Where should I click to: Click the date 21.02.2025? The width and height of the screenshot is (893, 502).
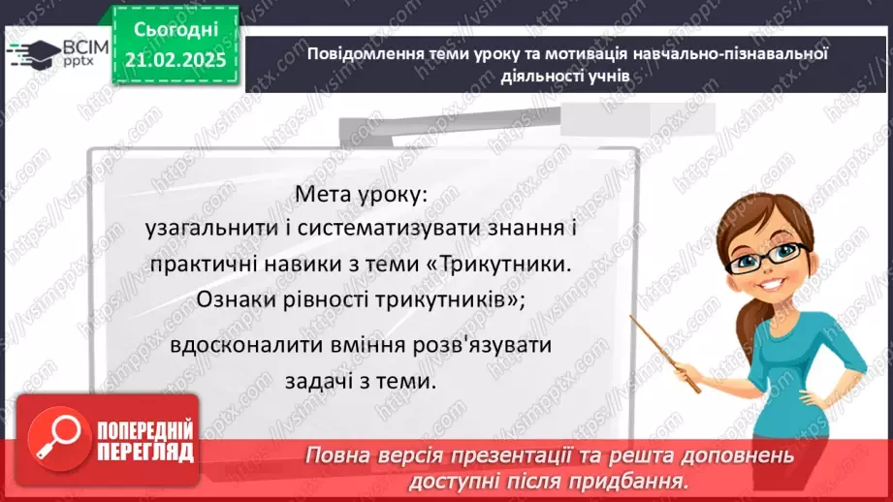(175, 60)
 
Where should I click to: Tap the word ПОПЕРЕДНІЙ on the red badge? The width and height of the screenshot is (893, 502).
(145, 429)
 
